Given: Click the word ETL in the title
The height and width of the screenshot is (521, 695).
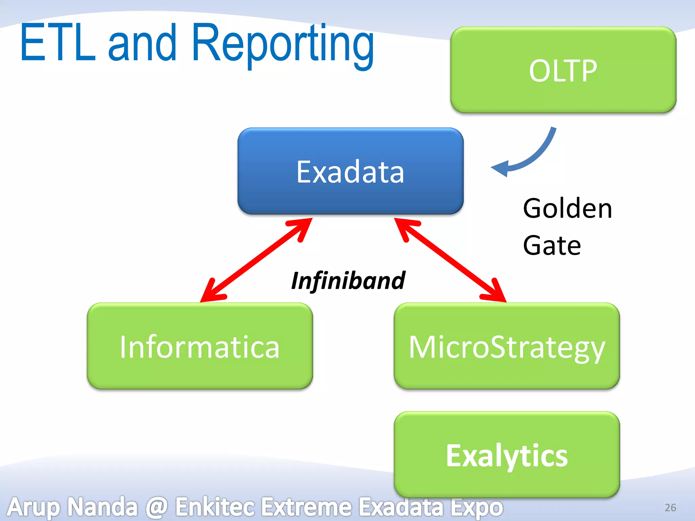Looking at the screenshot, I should pyautogui.click(x=58, y=43).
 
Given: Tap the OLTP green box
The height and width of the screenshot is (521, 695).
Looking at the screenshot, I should pyautogui.click(x=563, y=70).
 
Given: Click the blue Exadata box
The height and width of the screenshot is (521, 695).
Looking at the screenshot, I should pyautogui.click(x=350, y=172).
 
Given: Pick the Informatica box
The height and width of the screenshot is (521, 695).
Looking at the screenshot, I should pyautogui.click(x=200, y=346).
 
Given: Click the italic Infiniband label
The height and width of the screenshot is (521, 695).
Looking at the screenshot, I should pyautogui.click(x=348, y=281).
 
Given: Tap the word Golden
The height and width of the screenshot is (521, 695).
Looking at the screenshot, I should pyautogui.click(x=567, y=208).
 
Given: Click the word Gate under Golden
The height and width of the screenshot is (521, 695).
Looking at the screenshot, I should pyautogui.click(x=552, y=245).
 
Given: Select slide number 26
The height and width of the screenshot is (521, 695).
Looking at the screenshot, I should pyautogui.click(x=670, y=507).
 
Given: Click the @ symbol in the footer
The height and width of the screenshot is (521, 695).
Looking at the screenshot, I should pyautogui.click(x=156, y=507).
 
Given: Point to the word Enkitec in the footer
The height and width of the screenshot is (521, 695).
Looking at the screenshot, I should pyautogui.click(x=214, y=507).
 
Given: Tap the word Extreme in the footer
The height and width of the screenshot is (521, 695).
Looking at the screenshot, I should pyautogui.click(x=307, y=507).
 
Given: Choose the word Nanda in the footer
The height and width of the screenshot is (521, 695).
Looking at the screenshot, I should pyautogui.click(x=102, y=507).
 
